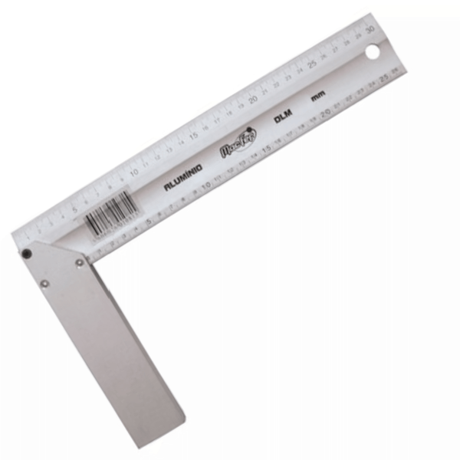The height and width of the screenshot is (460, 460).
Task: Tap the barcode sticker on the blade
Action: (x=109, y=211)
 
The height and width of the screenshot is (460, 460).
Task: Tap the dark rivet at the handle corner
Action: (x=27, y=254)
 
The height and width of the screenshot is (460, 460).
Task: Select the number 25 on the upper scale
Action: (x=312, y=64)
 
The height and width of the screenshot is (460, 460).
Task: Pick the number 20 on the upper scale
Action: (x=252, y=99)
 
